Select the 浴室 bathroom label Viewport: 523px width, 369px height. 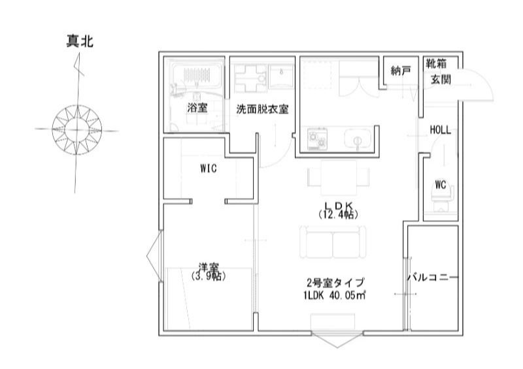coord(197,108)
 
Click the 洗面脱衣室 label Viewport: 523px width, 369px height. coord(262,109)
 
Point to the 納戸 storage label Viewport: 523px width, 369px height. coord(400,71)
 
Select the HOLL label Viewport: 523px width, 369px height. coord(441,130)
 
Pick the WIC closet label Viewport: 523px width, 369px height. coord(209,168)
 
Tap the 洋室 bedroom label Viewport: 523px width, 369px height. coord(209,267)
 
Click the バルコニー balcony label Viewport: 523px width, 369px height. coord(432,278)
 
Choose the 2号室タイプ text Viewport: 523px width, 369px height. coord(335,282)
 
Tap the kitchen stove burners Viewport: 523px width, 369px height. coord(319,138)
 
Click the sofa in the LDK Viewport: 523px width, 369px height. coord(333,242)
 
